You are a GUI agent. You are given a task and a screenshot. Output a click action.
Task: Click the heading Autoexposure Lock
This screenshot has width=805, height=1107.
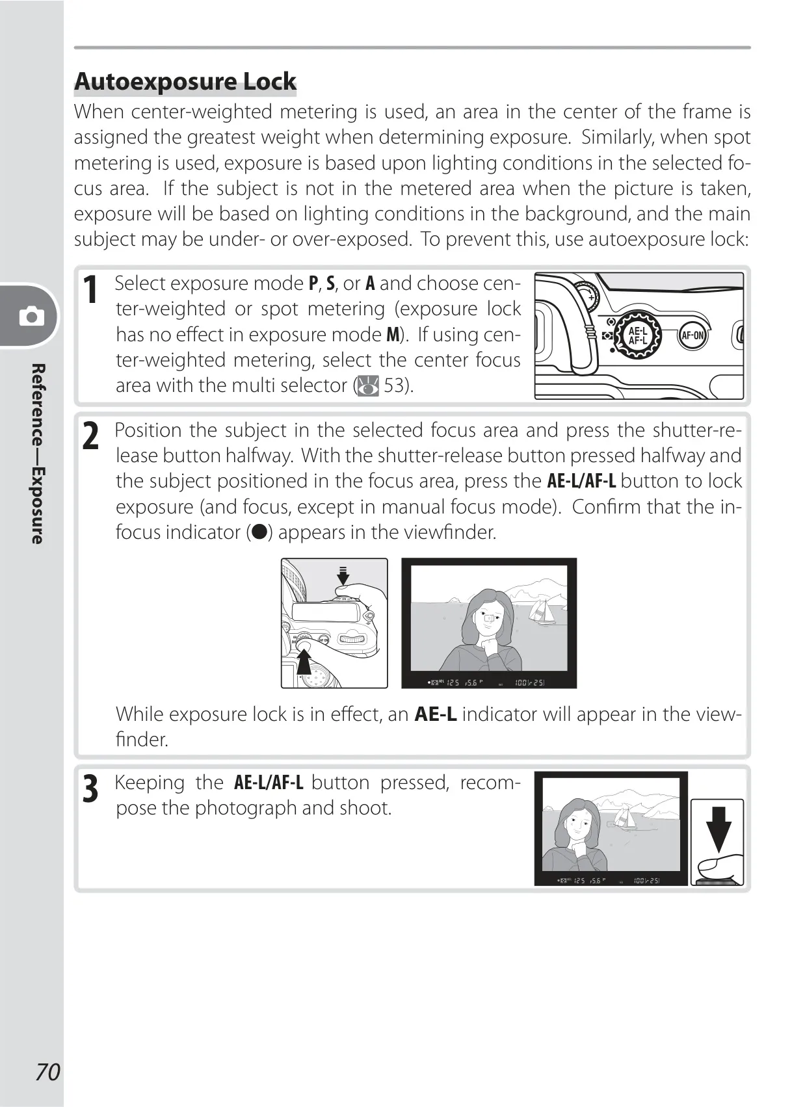[x=185, y=81]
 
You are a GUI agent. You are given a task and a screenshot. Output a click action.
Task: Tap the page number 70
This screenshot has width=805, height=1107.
[x=48, y=1072]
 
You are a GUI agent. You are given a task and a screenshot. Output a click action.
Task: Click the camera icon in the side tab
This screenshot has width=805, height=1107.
[x=32, y=316]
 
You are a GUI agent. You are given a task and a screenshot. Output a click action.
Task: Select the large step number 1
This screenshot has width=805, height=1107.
[x=90, y=289]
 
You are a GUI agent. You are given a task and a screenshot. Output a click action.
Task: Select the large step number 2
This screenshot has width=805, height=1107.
[x=90, y=436]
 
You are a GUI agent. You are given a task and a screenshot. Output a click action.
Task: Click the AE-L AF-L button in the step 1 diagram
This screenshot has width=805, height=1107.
[x=637, y=335]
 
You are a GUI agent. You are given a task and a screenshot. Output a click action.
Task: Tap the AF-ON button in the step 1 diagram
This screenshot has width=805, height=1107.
[x=693, y=335]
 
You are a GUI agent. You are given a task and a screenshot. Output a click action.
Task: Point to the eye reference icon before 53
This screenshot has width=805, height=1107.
[x=368, y=386]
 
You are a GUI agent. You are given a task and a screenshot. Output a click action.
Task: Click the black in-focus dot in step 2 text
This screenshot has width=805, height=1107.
[x=259, y=532]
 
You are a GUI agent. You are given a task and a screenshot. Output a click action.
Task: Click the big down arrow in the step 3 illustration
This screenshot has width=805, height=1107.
[x=719, y=829]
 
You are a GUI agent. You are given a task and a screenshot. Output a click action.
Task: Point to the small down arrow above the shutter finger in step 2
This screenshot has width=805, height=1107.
[x=343, y=575]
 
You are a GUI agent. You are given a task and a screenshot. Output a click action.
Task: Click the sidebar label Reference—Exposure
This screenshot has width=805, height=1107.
[x=38, y=454]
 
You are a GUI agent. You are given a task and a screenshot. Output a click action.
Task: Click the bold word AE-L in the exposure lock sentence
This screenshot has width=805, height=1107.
[x=435, y=714]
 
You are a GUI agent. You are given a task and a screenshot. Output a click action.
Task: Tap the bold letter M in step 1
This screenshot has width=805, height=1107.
[x=393, y=335]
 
